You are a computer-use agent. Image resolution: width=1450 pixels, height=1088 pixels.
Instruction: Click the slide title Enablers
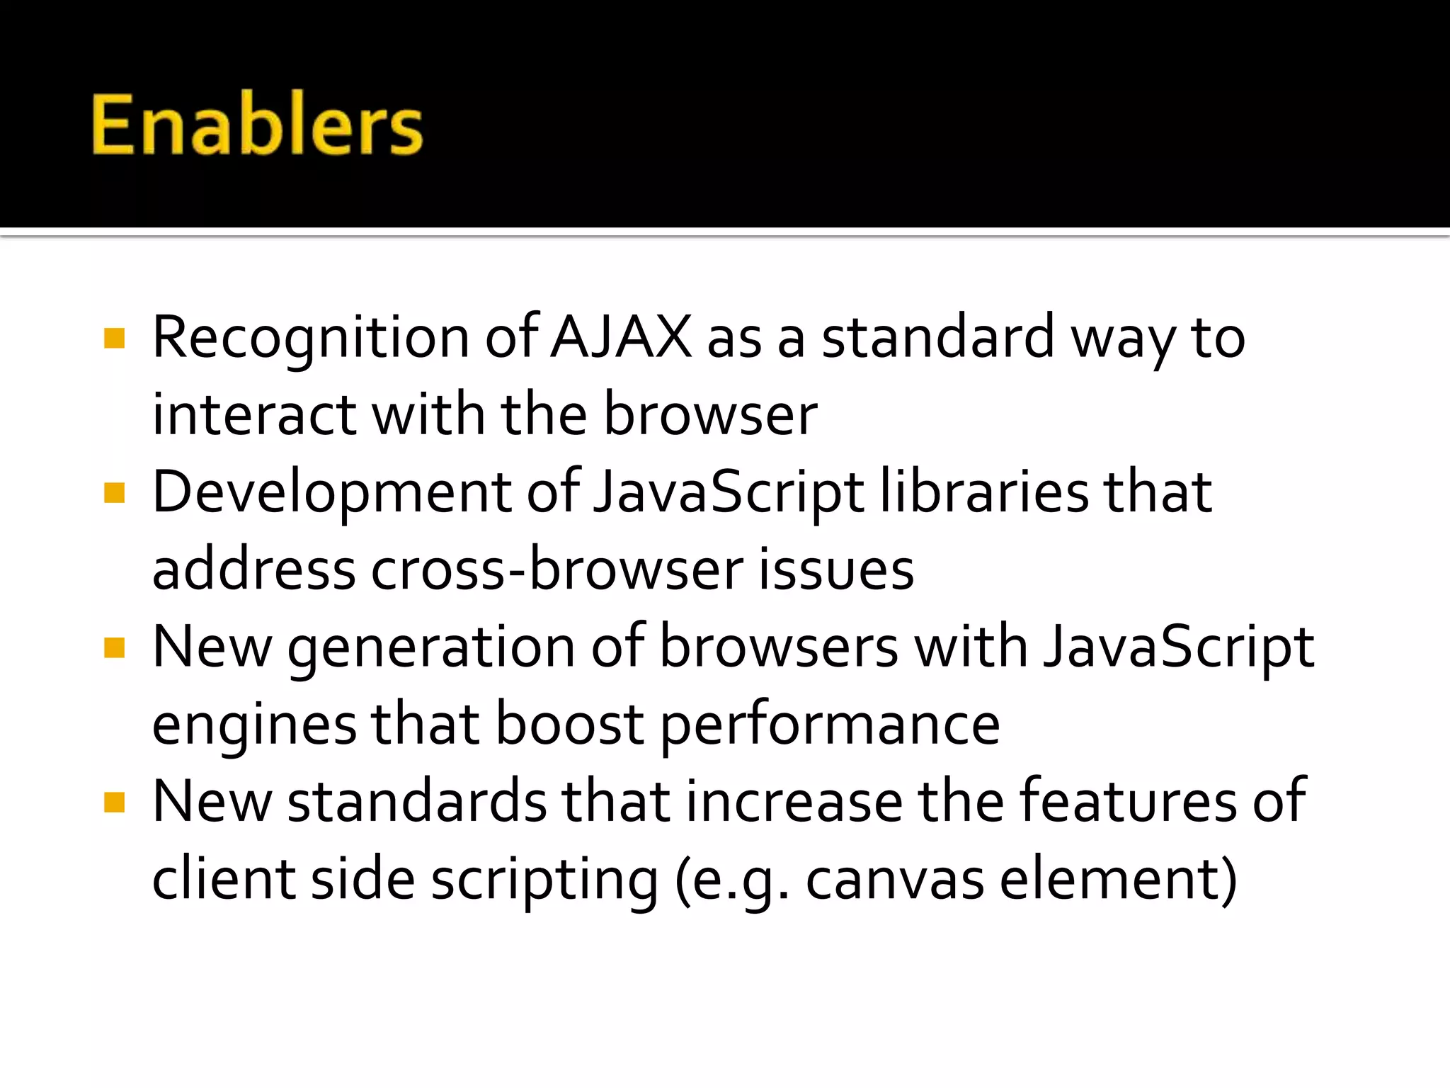click(x=257, y=125)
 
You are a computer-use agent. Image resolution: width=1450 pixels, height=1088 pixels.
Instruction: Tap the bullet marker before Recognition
click(x=114, y=339)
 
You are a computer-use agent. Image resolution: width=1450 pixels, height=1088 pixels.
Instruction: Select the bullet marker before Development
click(x=114, y=492)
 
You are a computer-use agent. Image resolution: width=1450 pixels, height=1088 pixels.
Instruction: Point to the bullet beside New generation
click(x=114, y=647)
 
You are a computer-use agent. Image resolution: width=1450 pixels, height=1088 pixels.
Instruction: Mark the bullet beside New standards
click(x=114, y=802)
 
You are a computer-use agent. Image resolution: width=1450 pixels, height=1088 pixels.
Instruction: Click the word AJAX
click(x=621, y=337)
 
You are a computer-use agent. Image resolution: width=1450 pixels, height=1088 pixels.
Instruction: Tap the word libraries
click(x=984, y=492)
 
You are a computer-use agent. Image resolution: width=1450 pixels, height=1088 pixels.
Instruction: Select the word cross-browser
click(x=556, y=569)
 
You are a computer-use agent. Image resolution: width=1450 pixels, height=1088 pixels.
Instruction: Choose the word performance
click(x=830, y=725)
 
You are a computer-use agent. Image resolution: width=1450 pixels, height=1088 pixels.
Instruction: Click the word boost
click(x=569, y=724)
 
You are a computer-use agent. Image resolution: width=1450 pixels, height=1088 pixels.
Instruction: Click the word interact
click(x=254, y=415)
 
